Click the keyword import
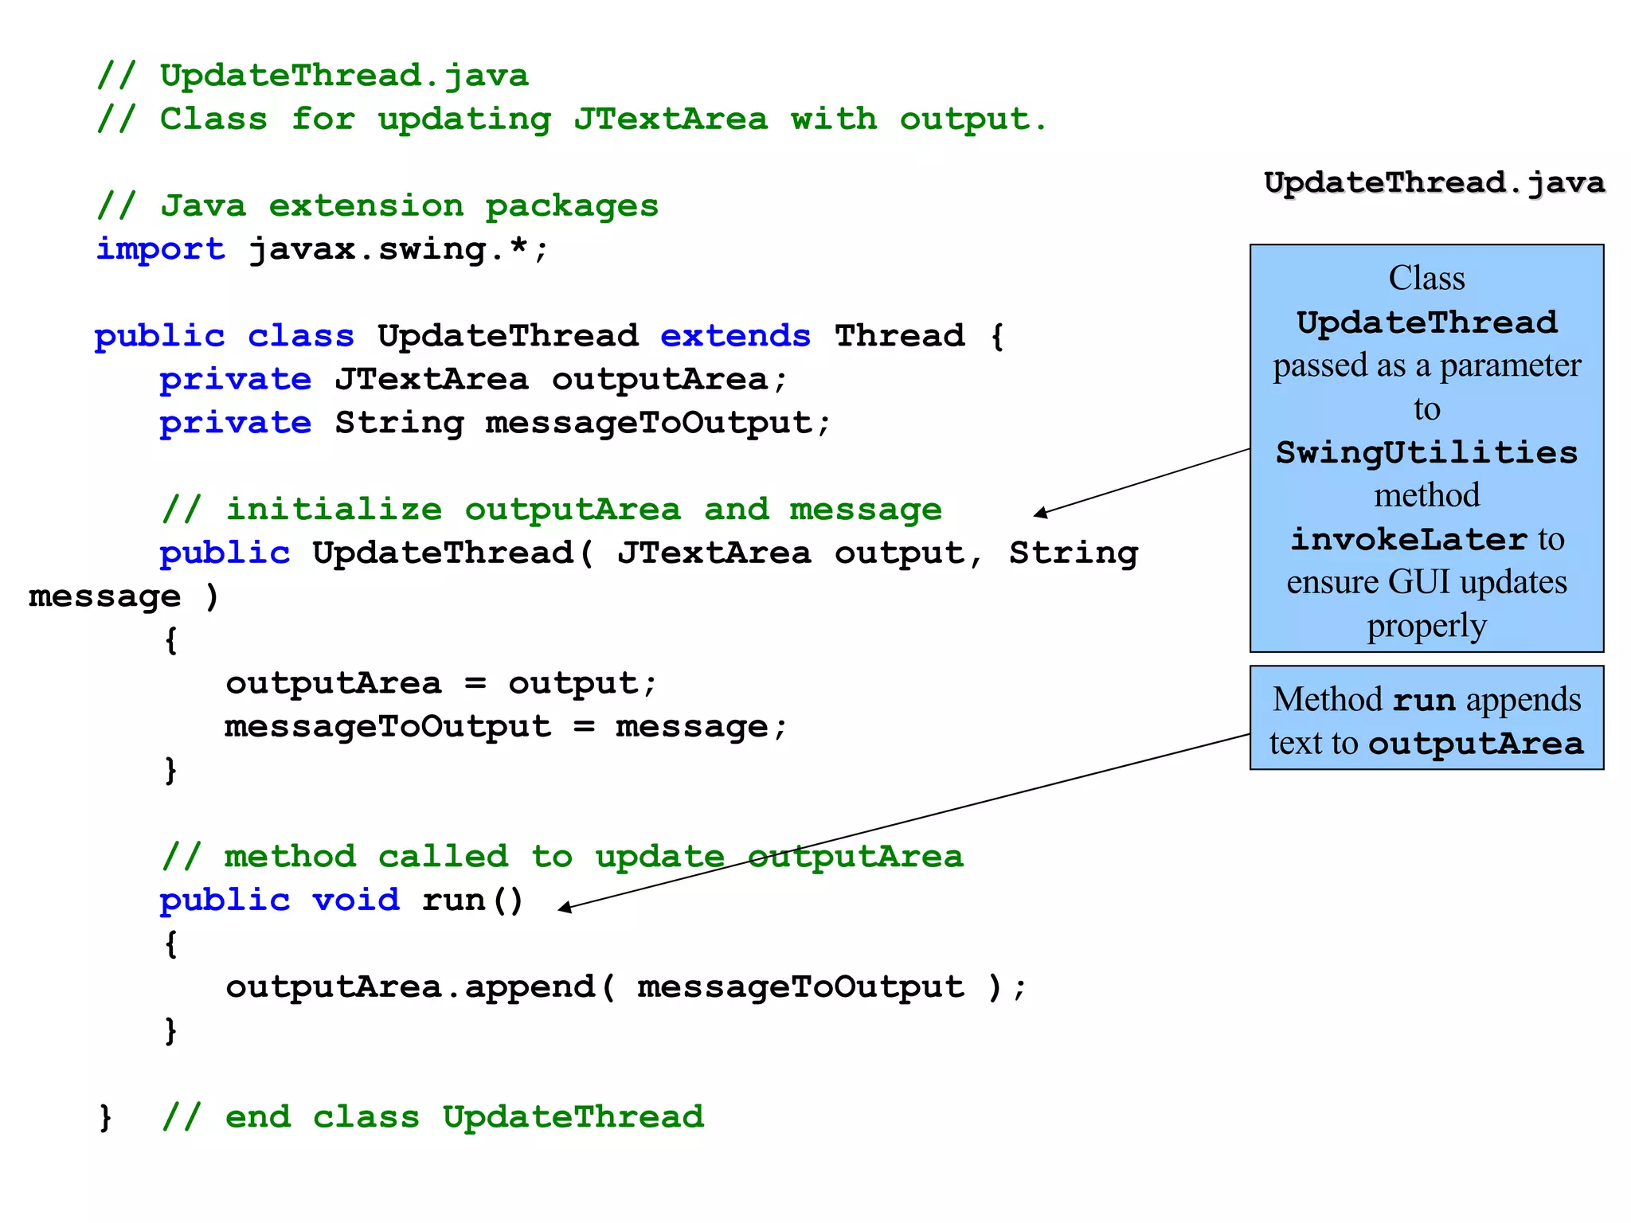point(160,249)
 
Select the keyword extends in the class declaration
point(735,335)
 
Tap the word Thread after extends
point(899,335)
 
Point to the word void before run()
point(355,900)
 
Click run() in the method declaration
point(472,900)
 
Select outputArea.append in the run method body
point(410,987)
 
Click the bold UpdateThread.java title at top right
point(1433,182)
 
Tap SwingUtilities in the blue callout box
point(1426,452)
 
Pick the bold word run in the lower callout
point(1423,700)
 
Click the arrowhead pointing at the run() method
point(564,908)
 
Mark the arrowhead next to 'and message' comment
point(1040,514)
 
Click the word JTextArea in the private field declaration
point(431,379)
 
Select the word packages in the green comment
point(572,205)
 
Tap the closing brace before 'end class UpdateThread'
point(105,1117)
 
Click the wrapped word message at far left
point(104,596)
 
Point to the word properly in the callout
point(1426,626)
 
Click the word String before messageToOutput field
point(399,423)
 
